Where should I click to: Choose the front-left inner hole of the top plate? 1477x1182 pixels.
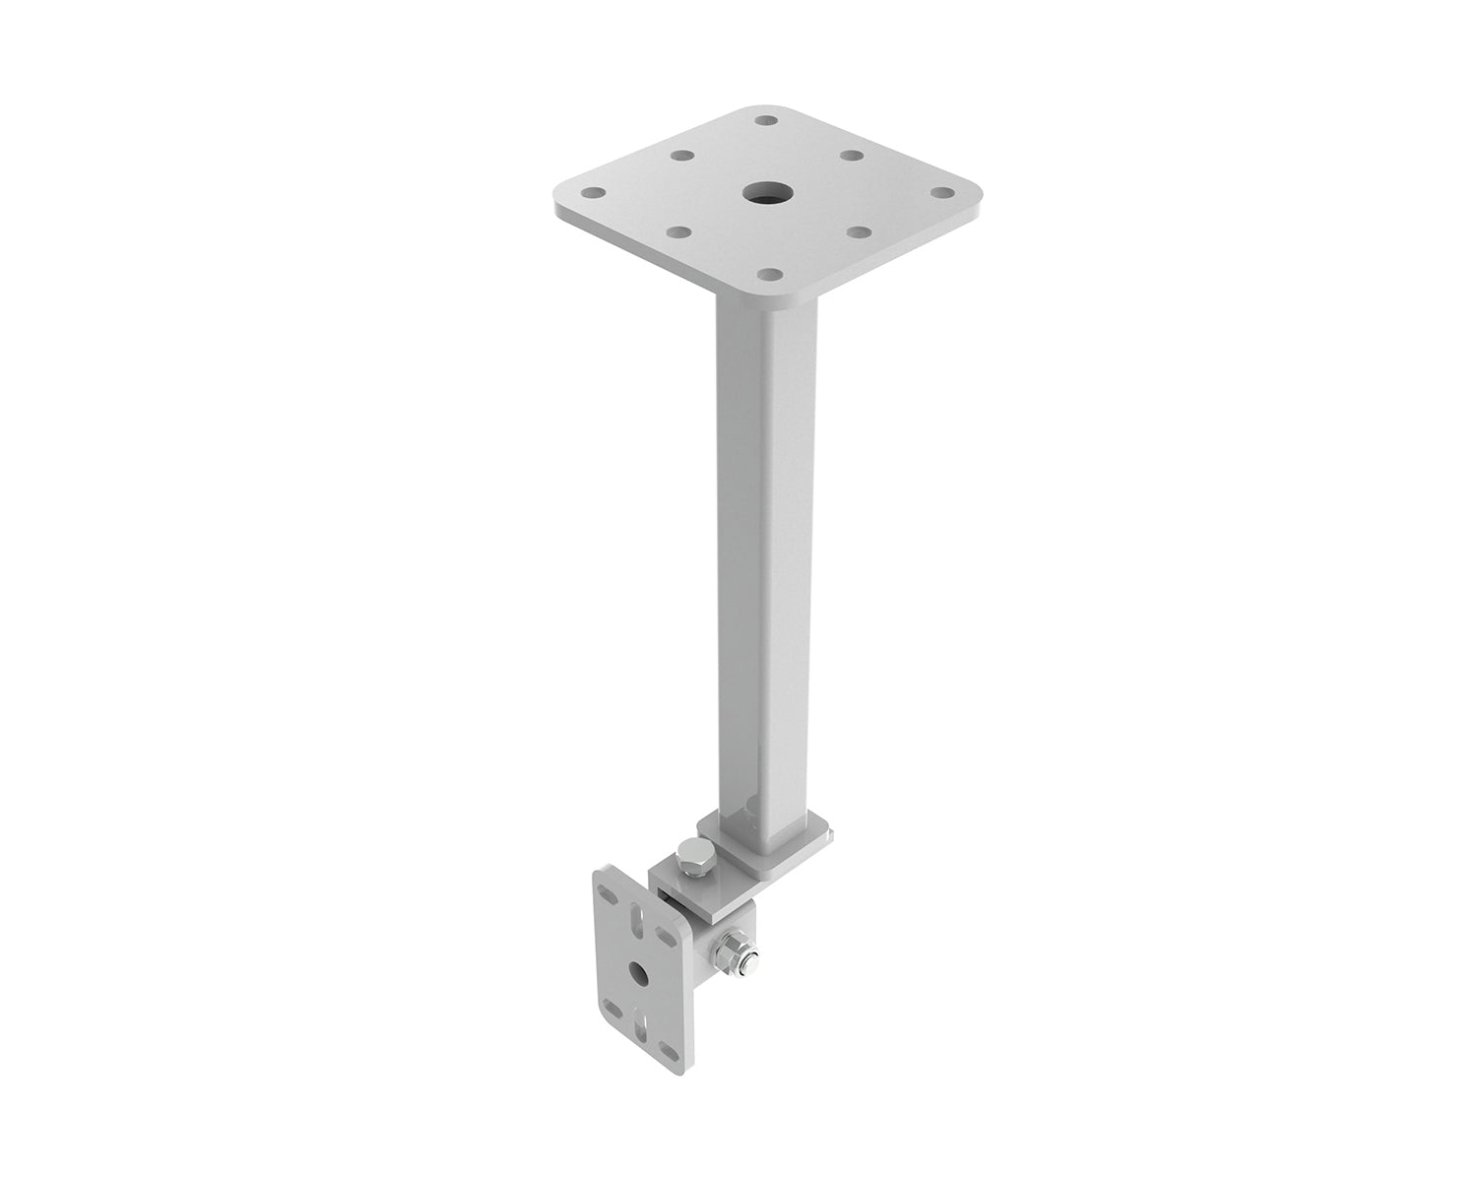pos(677,232)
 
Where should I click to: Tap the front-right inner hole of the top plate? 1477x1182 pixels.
pos(855,232)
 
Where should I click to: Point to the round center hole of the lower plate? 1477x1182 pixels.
pos(640,975)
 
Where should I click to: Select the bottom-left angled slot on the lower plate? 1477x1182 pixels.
pos(612,1008)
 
